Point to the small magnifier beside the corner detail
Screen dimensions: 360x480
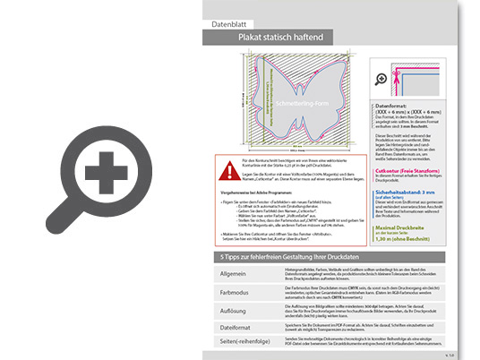pos(381,79)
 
